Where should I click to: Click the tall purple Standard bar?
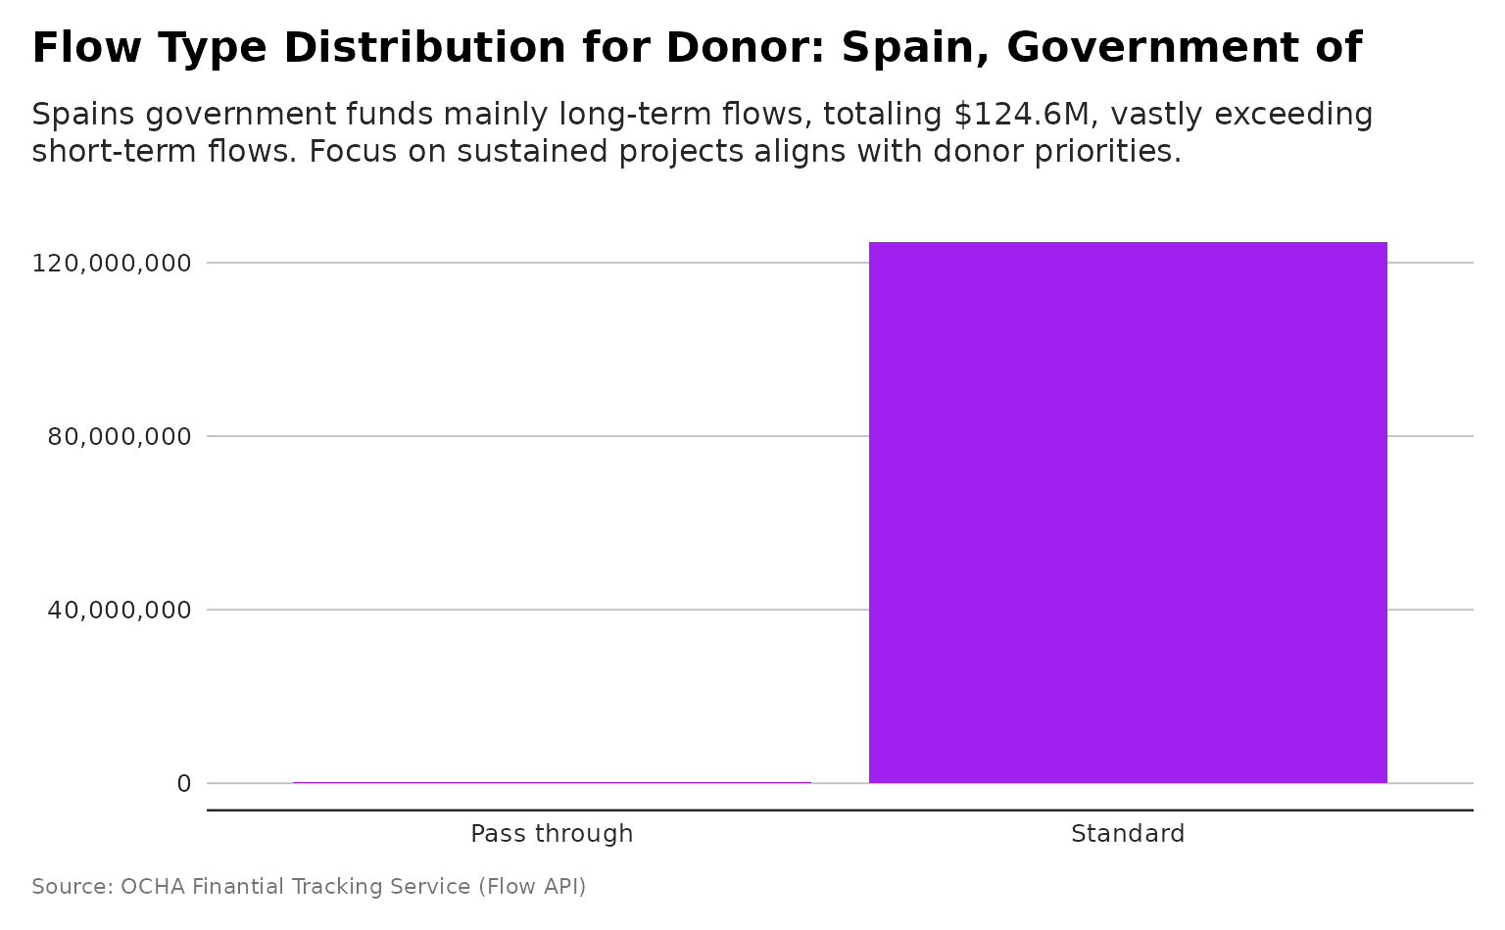click(x=1128, y=513)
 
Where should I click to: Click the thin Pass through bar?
click(x=552, y=782)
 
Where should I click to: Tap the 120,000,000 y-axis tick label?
click(x=111, y=264)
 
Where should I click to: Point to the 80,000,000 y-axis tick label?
click(x=119, y=437)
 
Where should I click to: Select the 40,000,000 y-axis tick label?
click(x=119, y=611)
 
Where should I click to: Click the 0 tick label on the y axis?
click(x=184, y=784)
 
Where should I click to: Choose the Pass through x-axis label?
click(x=552, y=834)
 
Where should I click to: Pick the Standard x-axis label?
click(x=1128, y=834)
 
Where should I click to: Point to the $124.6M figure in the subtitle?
click(x=1023, y=115)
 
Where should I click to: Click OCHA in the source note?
click(x=152, y=887)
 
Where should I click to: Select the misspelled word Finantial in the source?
click(x=238, y=887)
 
